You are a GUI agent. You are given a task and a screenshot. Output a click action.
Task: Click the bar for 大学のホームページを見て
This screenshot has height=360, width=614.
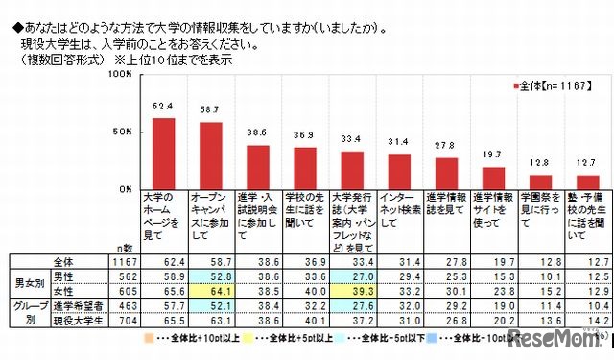(164, 154)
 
